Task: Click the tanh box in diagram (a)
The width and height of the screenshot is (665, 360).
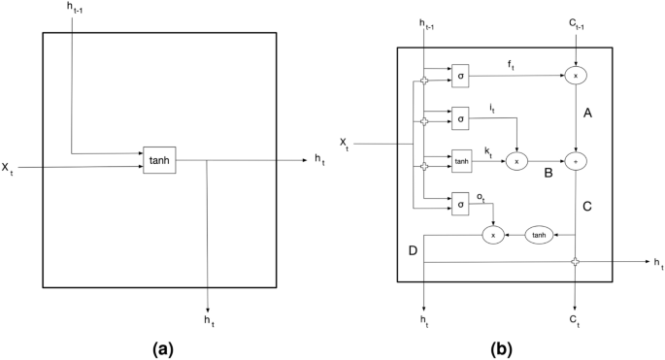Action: [x=160, y=160]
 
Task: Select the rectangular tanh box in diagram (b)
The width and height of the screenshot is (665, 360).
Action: [x=461, y=161]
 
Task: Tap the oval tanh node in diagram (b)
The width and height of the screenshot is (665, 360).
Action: [x=541, y=234]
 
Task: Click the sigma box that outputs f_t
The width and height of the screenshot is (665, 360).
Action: [x=461, y=75]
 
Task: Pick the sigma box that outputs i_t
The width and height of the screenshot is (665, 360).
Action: [x=461, y=117]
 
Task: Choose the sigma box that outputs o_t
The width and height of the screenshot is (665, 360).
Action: [x=461, y=203]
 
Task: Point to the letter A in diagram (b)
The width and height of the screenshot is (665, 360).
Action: [x=587, y=114]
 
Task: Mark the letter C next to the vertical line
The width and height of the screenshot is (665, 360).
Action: [x=587, y=205]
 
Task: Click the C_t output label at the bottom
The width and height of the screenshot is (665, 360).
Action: [x=577, y=317]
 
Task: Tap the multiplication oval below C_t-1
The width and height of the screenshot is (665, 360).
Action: [x=577, y=75]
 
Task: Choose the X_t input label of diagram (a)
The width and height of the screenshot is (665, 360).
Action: [x=8, y=169]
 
